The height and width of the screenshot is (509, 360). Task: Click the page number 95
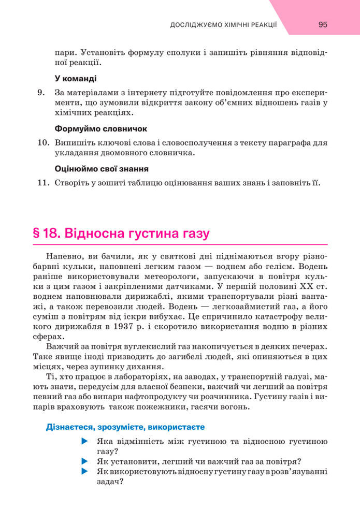[x=323, y=24]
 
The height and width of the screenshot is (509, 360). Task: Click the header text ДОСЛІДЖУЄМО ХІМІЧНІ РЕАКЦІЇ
[x=224, y=25]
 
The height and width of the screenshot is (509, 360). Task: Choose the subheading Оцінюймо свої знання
[x=102, y=168]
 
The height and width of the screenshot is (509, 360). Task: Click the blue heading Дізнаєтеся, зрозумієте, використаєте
[x=118, y=427]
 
